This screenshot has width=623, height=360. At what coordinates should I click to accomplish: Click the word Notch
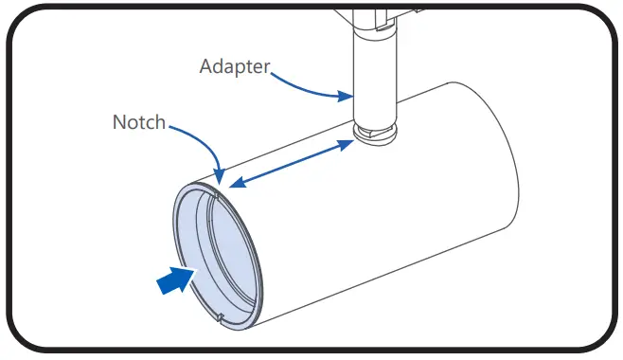139,123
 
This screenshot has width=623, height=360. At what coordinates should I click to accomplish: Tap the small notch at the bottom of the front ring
220,316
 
